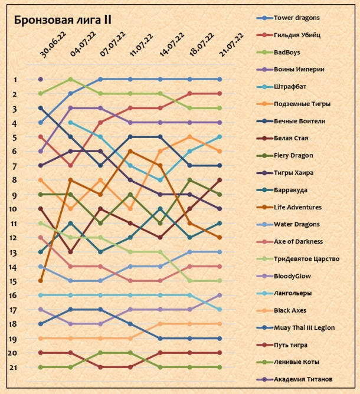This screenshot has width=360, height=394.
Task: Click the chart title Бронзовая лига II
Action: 63,20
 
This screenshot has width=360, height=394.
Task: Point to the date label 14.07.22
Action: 171,44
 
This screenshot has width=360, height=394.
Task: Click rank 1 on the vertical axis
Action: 16,80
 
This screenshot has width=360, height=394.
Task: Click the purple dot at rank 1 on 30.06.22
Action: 40,79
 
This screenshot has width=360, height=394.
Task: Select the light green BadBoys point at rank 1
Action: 70,79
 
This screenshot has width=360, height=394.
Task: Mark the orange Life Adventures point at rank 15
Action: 40,281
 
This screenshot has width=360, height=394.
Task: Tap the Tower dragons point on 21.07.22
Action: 220,79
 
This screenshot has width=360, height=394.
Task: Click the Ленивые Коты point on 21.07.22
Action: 220,367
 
